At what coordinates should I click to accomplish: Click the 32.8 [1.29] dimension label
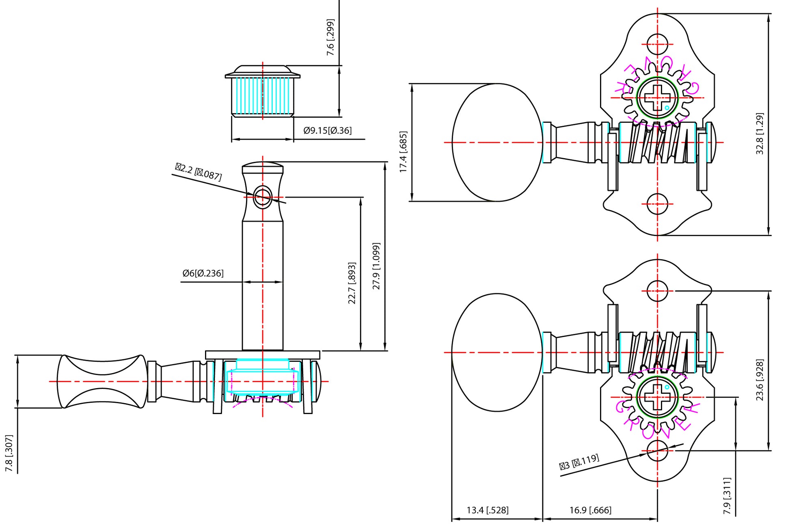pos(760,133)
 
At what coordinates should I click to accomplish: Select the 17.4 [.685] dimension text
pos(403,152)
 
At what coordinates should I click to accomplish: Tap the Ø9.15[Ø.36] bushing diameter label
pos(328,131)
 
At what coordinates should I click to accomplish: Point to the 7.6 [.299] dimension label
pos(331,37)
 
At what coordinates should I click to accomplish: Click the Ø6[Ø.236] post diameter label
pos(203,273)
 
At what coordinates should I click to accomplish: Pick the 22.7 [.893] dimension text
pos(352,283)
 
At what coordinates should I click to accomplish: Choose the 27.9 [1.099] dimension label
pos(376,266)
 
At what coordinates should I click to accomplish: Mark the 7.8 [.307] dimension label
pos(9,453)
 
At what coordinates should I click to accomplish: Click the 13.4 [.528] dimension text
pos(487,510)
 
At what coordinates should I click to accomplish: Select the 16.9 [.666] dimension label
pos(590,510)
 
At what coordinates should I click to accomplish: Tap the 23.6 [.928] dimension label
pos(760,380)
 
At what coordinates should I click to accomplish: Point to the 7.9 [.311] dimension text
pos(727,496)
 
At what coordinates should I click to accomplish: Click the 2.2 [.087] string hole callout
pos(199,172)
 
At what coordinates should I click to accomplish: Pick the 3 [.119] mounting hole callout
pos(579,462)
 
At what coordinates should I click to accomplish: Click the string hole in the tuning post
pos(262,198)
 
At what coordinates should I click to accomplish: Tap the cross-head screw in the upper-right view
pos(657,98)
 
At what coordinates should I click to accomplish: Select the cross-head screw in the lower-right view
pos(657,397)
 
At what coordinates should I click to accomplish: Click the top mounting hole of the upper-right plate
pos(657,44)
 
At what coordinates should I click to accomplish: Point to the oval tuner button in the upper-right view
pos(497,142)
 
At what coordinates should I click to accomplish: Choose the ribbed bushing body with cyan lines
pos(262,96)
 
